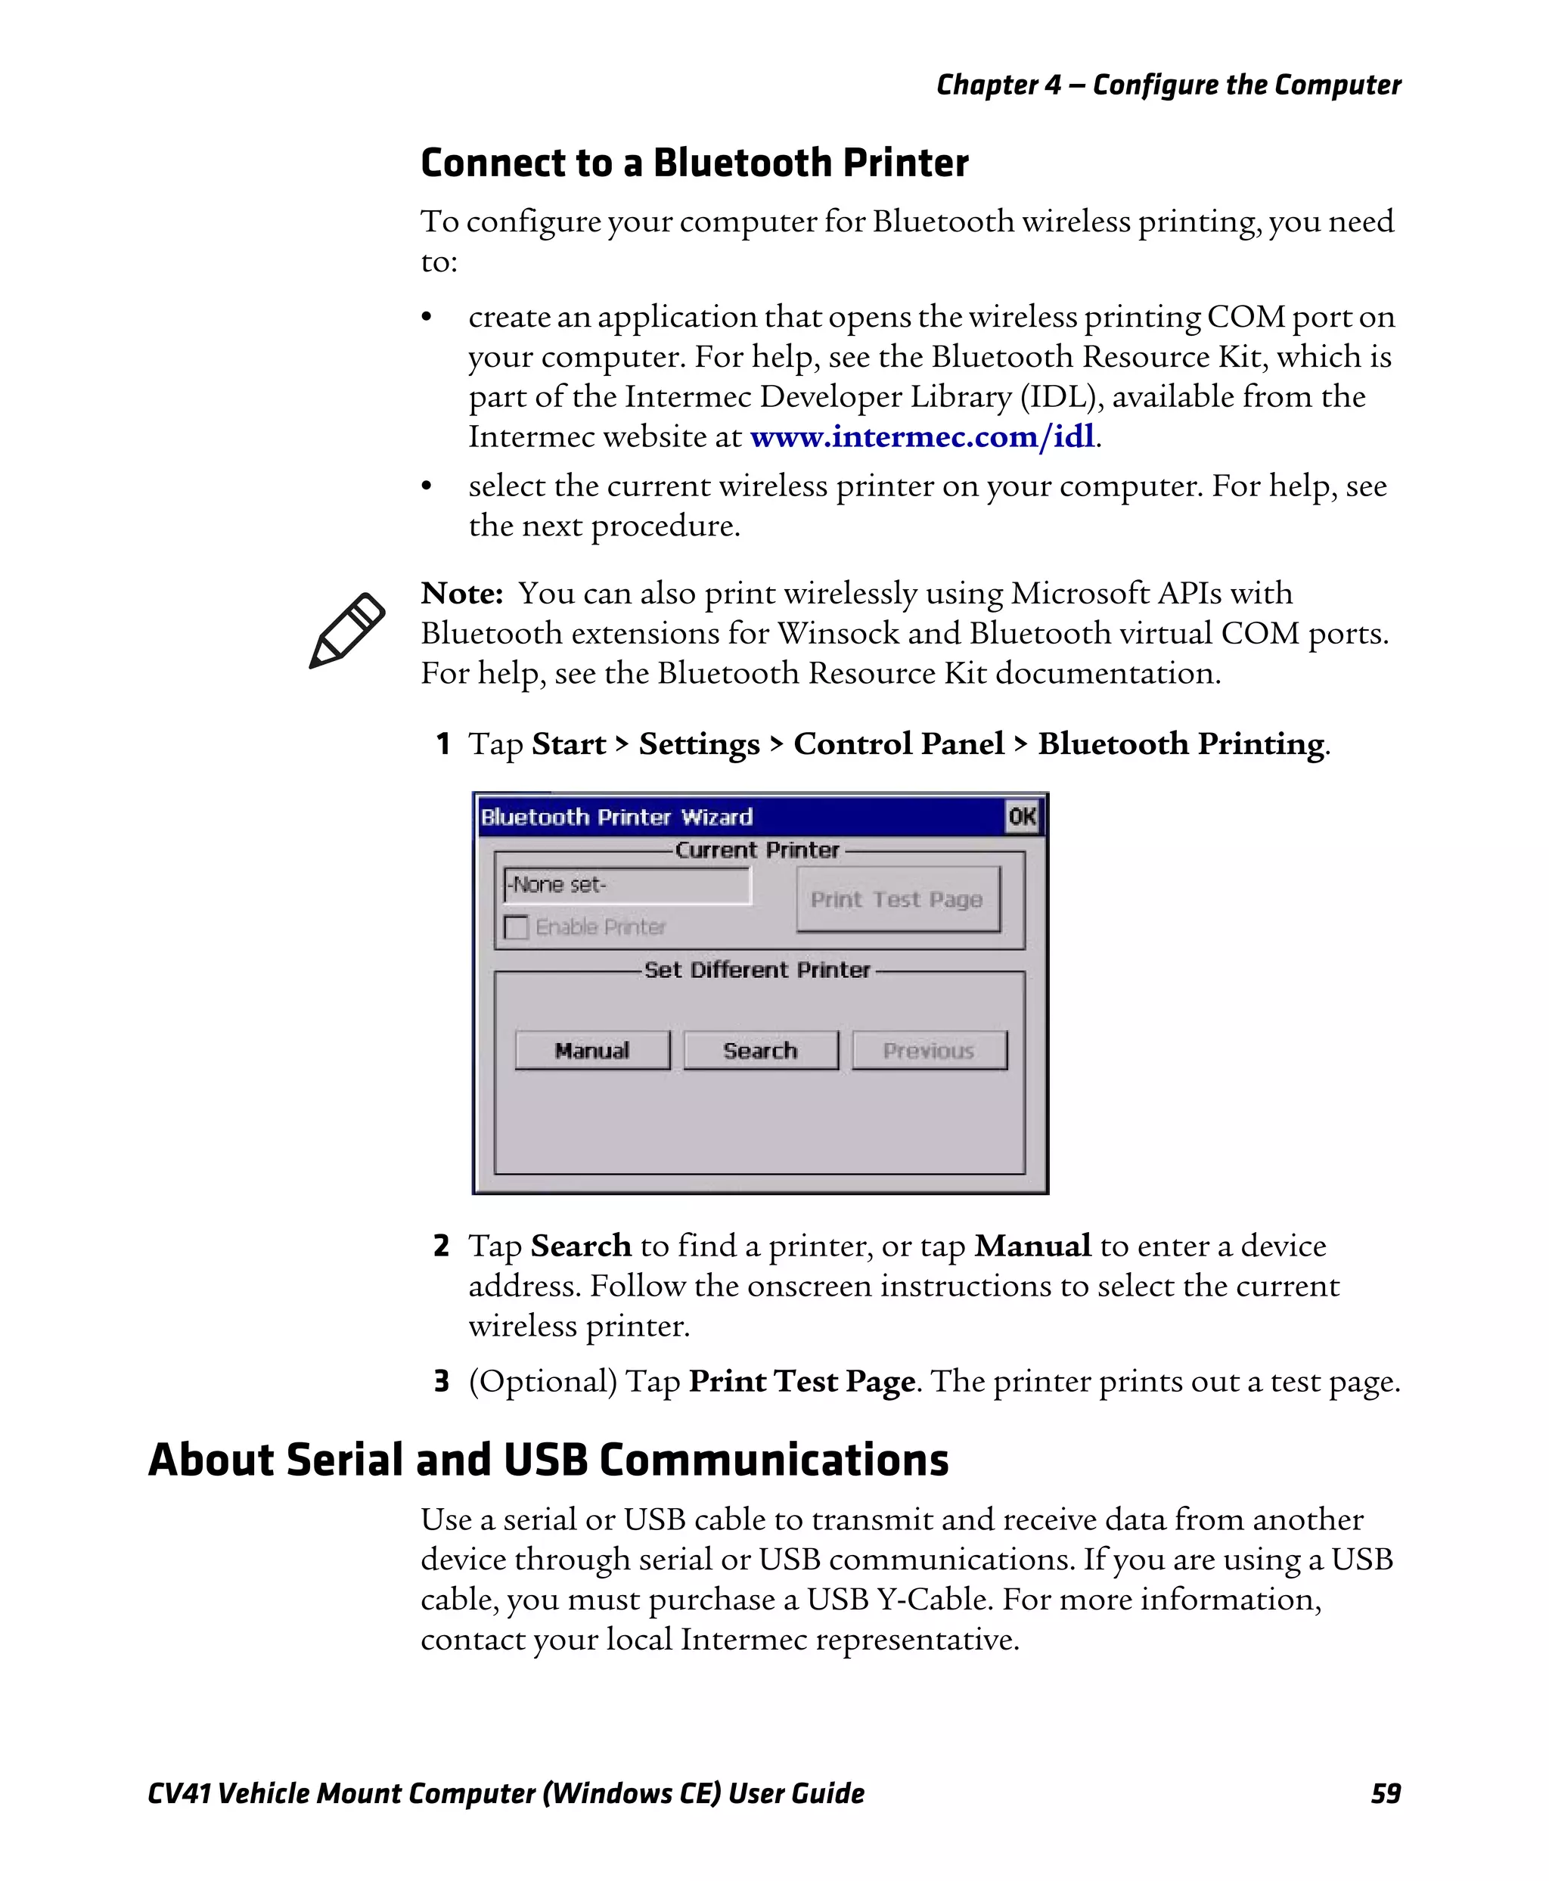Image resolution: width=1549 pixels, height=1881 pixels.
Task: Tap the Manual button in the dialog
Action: tap(591, 1051)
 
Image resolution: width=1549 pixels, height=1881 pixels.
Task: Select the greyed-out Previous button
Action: tap(929, 1051)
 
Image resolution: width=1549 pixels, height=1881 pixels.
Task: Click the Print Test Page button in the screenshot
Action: tap(897, 899)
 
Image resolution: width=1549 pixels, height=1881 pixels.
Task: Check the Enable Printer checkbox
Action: tap(517, 927)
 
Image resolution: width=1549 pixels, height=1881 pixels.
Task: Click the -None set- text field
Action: tap(626, 885)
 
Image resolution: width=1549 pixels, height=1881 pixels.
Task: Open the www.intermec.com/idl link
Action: tap(922, 436)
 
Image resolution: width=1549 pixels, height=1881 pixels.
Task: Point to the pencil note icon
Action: tap(347, 630)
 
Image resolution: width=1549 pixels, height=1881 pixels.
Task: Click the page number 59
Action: tap(1385, 1793)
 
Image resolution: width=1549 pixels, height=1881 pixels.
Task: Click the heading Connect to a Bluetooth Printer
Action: tap(694, 163)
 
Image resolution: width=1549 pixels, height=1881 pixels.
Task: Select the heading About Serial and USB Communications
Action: tap(548, 1460)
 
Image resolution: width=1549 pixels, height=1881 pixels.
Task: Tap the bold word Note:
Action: tap(461, 592)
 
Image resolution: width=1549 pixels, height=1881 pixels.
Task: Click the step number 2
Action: tap(441, 1245)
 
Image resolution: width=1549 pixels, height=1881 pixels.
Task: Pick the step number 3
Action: tap(441, 1380)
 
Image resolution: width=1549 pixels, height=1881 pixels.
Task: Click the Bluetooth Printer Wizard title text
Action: tap(616, 817)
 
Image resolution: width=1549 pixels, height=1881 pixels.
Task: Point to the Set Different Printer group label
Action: tap(756, 970)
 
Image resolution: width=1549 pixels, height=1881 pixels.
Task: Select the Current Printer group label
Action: tap(756, 849)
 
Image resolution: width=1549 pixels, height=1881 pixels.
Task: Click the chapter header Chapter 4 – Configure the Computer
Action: tap(1168, 85)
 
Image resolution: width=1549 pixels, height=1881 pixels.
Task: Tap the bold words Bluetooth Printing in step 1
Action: tap(1181, 743)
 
